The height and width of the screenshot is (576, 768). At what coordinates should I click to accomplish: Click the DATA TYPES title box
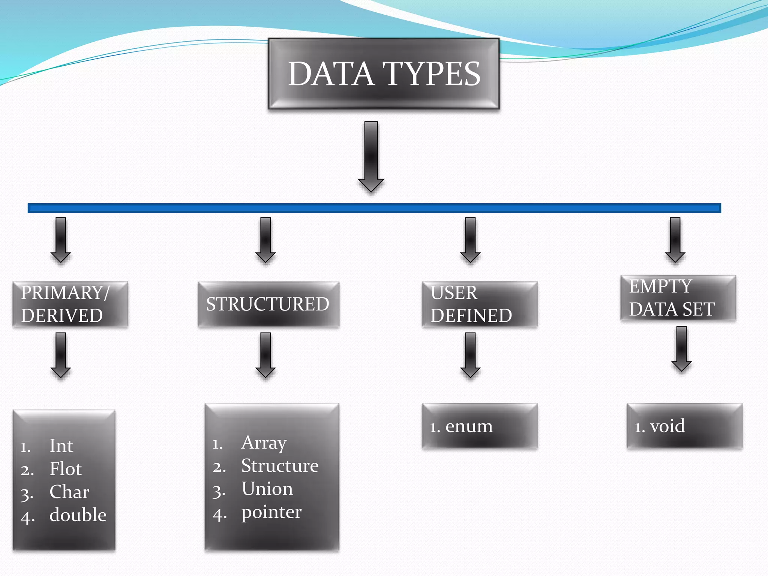click(x=384, y=74)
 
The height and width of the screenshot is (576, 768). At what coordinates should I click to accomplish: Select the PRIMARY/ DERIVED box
click(x=70, y=304)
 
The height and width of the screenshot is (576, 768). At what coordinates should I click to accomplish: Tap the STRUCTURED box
click(x=268, y=304)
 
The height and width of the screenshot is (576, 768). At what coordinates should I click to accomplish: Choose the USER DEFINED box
click(x=480, y=304)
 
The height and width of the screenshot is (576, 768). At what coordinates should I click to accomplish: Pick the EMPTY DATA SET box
click(x=678, y=298)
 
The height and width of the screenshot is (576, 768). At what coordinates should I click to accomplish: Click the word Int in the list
click(x=61, y=446)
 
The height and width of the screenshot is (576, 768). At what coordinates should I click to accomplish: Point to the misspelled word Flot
click(x=66, y=469)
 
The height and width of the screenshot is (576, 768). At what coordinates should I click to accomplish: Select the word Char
click(x=69, y=492)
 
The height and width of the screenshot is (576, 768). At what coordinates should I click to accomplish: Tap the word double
click(x=78, y=515)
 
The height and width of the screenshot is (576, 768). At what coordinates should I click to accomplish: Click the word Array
click(x=264, y=443)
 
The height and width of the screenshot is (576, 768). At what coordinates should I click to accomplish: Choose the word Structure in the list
click(x=280, y=466)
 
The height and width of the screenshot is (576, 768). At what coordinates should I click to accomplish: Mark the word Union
click(x=267, y=489)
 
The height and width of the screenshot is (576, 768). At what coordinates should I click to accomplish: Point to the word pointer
click(x=271, y=512)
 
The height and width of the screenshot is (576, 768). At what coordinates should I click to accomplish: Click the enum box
click(x=480, y=426)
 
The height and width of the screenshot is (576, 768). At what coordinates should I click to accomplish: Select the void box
click(x=684, y=426)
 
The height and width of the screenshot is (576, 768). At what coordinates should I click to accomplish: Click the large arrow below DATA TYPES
click(x=371, y=156)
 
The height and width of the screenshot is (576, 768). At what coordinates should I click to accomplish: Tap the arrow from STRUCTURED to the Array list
click(x=265, y=354)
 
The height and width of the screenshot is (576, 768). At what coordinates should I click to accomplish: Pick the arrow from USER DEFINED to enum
click(x=470, y=354)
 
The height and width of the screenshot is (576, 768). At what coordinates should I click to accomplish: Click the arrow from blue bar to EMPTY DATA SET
click(x=675, y=239)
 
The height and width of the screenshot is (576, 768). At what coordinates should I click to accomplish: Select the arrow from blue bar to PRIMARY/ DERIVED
click(x=61, y=239)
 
